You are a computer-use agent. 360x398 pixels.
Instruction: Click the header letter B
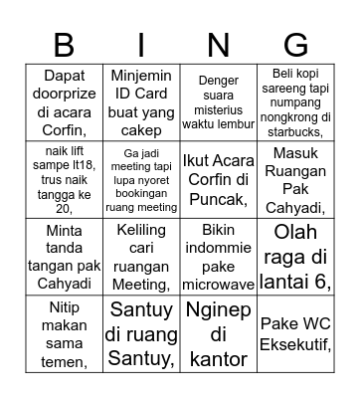(64, 45)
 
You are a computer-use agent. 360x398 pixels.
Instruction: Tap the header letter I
(141, 45)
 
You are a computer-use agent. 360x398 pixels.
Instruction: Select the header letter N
(218, 45)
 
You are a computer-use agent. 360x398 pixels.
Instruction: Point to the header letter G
(295, 45)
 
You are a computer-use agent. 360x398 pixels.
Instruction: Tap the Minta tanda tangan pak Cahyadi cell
(64, 258)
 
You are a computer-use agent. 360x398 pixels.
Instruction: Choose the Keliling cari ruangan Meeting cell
(141, 258)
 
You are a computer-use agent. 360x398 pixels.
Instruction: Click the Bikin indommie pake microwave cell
(218, 258)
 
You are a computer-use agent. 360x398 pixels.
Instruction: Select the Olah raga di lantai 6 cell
(295, 258)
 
